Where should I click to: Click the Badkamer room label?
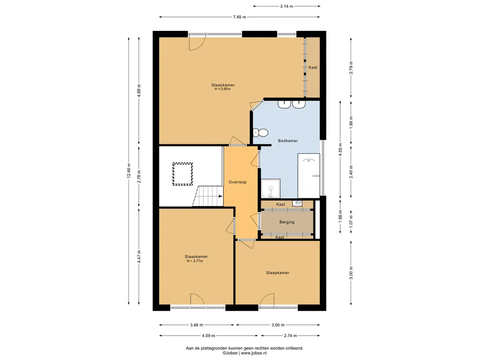coord(288,141)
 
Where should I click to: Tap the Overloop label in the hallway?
coord(238,182)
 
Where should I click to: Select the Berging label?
coord(287,222)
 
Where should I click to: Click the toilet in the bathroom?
coord(261,133)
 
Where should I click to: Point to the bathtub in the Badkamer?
coord(308,176)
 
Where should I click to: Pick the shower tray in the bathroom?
coord(270,188)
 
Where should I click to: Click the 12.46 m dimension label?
coord(129,171)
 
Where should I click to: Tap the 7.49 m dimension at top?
coord(240,17)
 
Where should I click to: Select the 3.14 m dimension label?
coord(286,6)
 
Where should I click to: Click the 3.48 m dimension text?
coord(196,325)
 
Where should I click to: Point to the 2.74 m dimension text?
coord(290,336)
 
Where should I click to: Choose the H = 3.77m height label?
coord(195,261)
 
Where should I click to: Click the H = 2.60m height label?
coord(223,89)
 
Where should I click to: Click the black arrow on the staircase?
coord(220,196)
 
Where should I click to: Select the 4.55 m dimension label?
coord(340,150)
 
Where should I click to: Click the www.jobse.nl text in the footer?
coord(254,353)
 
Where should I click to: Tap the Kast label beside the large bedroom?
coord(313,67)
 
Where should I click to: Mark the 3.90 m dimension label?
coord(277,325)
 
